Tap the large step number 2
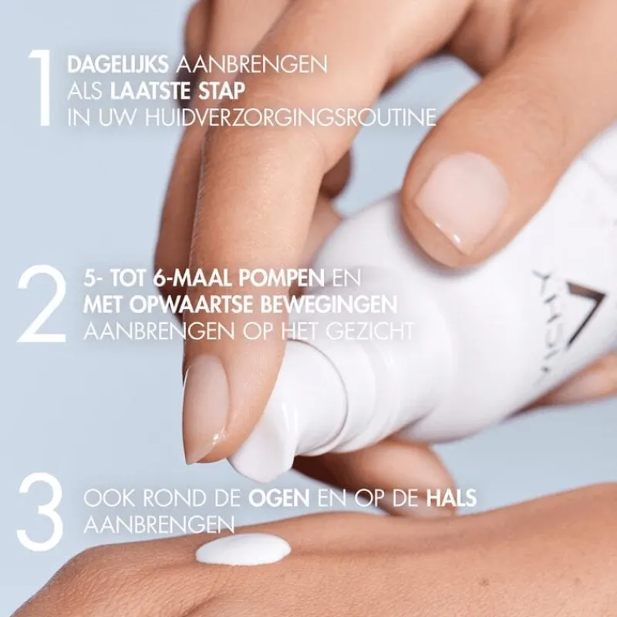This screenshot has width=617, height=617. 42,303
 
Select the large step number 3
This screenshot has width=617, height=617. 40,511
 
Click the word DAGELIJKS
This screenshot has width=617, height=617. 118,64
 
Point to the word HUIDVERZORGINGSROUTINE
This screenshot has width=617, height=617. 291,117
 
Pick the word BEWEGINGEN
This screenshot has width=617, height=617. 329,305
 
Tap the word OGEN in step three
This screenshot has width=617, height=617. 278,498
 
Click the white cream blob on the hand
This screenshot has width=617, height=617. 243,548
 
